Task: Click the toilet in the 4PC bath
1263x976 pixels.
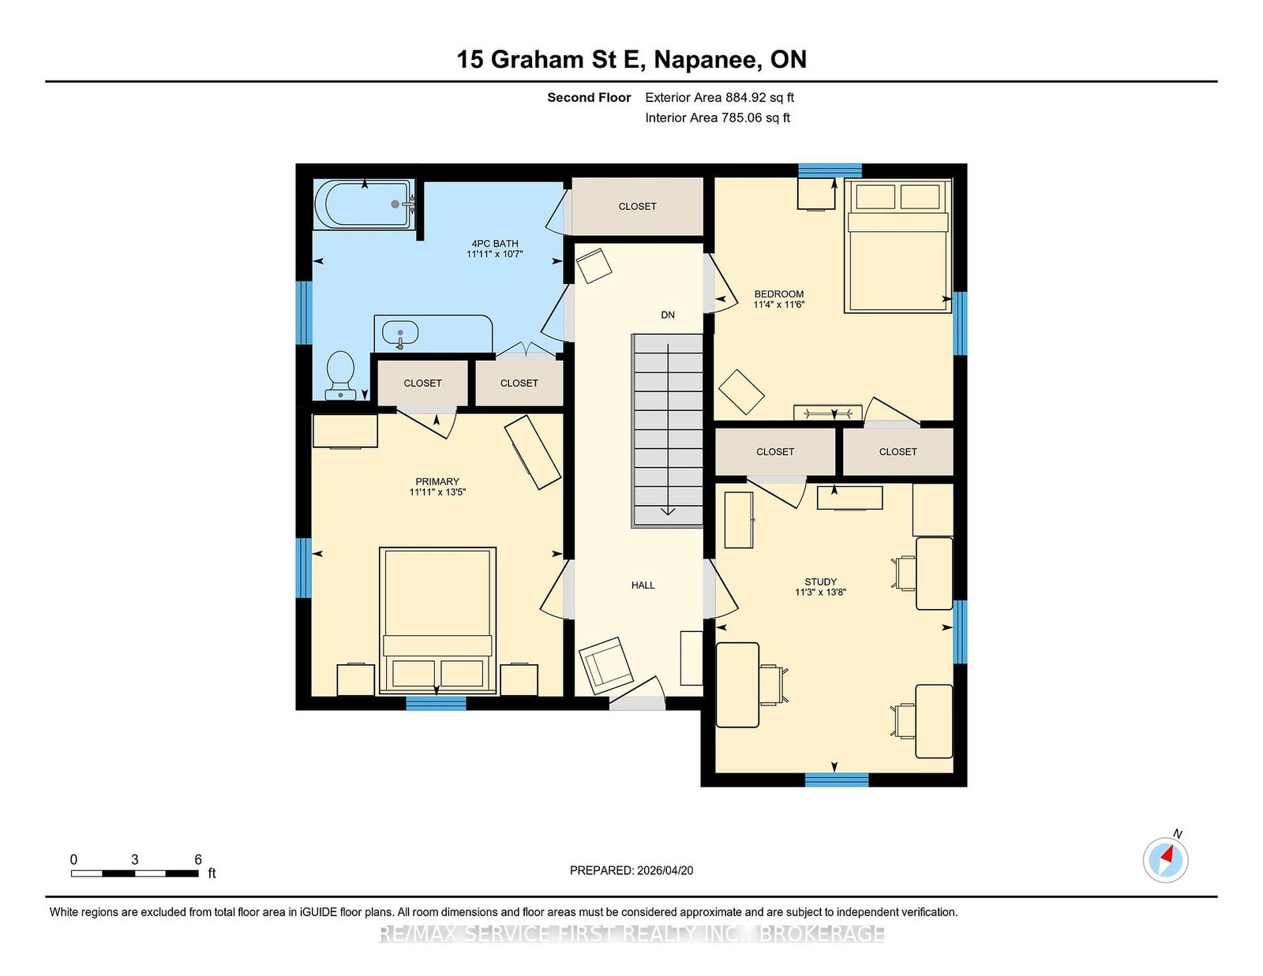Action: (x=340, y=373)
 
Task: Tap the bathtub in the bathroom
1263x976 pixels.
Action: (x=364, y=204)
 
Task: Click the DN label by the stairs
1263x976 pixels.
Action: (x=668, y=315)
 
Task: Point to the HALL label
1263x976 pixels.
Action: (x=643, y=585)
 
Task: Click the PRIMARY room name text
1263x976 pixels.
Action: (x=437, y=481)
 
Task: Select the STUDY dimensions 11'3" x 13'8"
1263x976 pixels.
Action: (x=820, y=593)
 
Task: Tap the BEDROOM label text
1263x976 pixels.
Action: (x=778, y=294)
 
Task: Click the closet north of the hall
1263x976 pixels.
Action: (x=637, y=207)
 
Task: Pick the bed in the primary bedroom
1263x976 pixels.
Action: (x=437, y=620)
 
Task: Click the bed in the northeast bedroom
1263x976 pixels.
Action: (x=898, y=245)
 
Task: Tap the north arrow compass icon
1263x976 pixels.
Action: (x=1165, y=859)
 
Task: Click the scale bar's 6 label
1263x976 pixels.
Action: (x=198, y=859)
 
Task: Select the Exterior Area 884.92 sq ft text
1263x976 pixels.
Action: (x=719, y=98)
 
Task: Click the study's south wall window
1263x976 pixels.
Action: (x=836, y=780)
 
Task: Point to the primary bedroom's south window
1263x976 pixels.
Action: (x=436, y=703)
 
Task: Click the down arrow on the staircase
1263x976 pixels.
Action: (x=668, y=510)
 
